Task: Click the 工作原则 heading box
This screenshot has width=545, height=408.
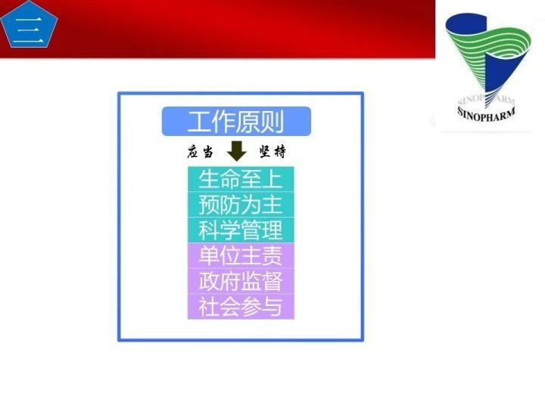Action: pyautogui.click(x=236, y=121)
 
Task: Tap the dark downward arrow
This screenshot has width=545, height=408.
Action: pyautogui.click(x=237, y=151)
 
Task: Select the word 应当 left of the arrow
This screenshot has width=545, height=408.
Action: pyautogui.click(x=200, y=152)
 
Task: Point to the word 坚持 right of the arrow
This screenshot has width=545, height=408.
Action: pyautogui.click(x=272, y=152)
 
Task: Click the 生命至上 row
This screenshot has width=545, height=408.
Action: pyautogui.click(x=240, y=179)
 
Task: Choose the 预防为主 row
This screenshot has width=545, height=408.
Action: pyautogui.click(x=240, y=205)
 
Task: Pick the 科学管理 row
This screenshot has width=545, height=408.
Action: pyautogui.click(x=240, y=230)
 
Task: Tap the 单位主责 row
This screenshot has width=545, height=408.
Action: pyautogui.click(x=240, y=255)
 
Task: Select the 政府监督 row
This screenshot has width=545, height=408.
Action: pyautogui.click(x=240, y=281)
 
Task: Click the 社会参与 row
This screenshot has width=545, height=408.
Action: pyautogui.click(x=240, y=307)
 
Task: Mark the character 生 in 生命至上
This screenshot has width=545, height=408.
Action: pyautogui.click(x=209, y=179)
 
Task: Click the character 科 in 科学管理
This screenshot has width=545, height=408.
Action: pyautogui.click(x=209, y=230)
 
